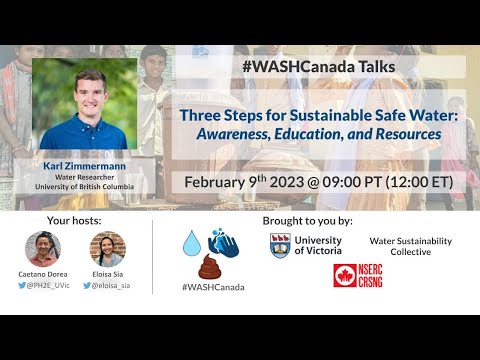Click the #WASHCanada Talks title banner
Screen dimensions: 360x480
(x=318, y=67)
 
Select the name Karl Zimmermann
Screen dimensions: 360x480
(x=84, y=165)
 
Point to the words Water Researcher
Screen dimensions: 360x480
(x=84, y=178)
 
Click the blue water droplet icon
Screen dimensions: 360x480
(x=191, y=244)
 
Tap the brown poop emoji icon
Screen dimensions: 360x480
(x=209, y=267)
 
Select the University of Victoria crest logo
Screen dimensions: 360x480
(x=280, y=245)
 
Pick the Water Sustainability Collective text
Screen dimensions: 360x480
(x=410, y=246)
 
